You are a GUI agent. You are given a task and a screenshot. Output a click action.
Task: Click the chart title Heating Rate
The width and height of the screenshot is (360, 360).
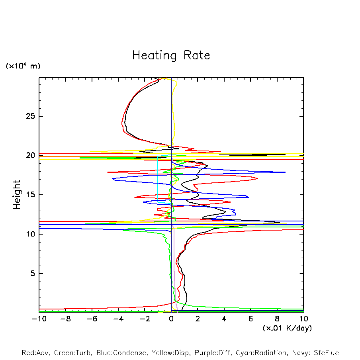click(x=171, y=55)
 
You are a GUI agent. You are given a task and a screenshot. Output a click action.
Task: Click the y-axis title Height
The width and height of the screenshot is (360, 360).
click(x=16, y=195)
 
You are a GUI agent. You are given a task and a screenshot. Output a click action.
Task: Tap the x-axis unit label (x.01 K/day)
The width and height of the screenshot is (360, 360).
click(x=287, y=328)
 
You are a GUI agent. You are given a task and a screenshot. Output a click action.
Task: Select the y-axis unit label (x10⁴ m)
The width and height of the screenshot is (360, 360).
click(x=23, y=66)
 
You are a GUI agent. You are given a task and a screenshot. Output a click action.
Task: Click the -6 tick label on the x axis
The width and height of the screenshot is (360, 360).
click(x=92, y=319)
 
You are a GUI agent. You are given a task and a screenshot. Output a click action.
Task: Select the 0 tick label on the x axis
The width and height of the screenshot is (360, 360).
click(x=171, y=319)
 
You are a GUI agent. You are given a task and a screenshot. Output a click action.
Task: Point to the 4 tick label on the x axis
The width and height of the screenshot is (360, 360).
click(x=224, y=319)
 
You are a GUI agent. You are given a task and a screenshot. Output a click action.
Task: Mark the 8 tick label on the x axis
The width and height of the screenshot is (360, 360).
click(x=277, y=319)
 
